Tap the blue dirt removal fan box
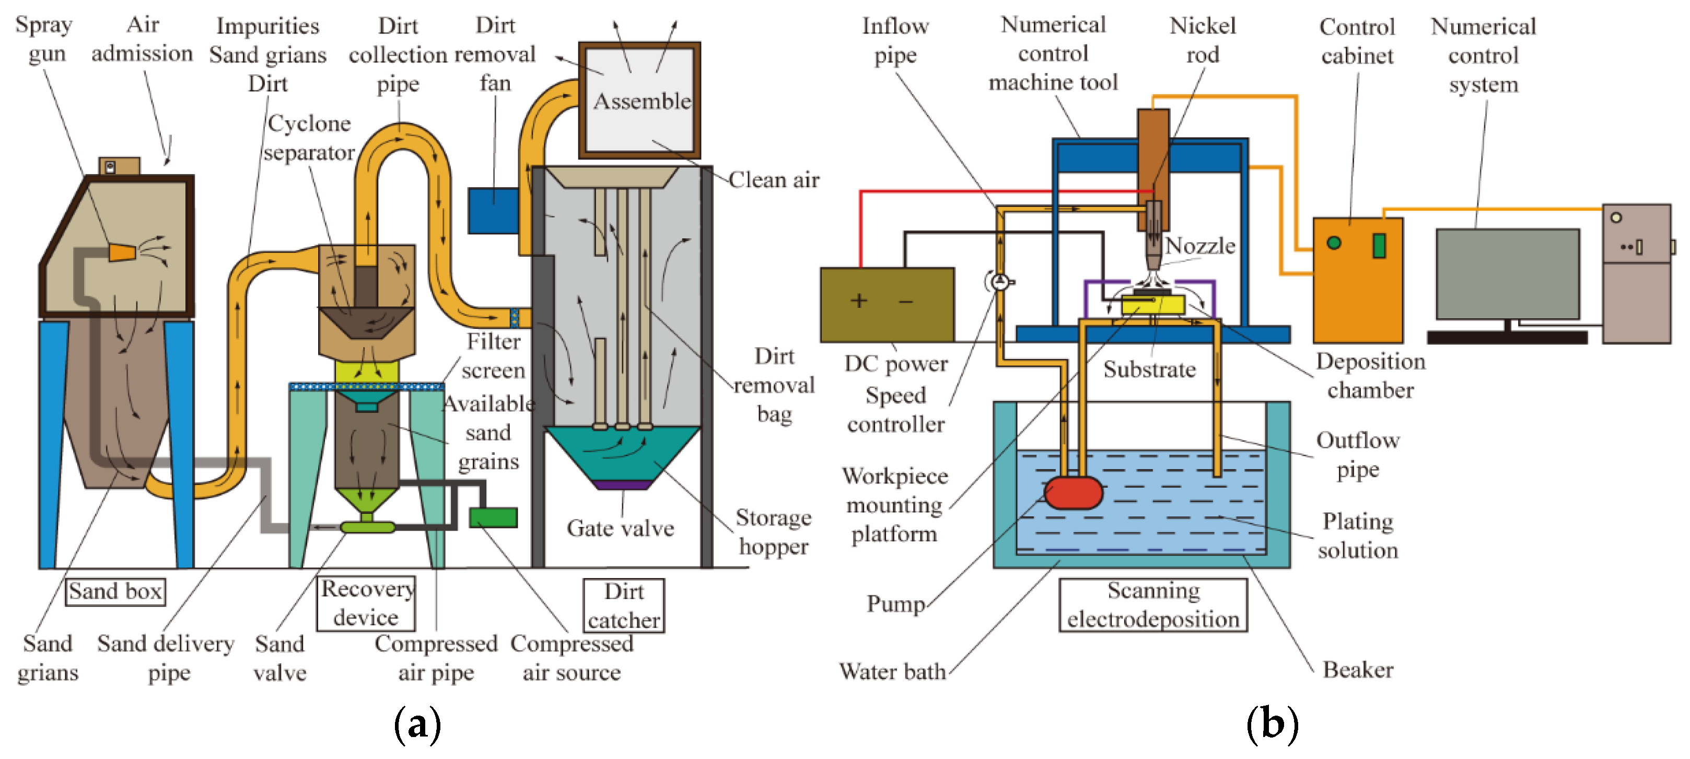coord(493,211)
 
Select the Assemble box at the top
coord(639,100)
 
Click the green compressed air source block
coord(493,517)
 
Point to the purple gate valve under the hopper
coord(621,485)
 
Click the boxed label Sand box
coord(115,592)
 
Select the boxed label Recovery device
coord(366,603)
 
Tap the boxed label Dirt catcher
coord(624,605)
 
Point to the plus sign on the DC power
coord(859,301)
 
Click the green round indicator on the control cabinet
coord(1334,243)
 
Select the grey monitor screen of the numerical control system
coord(1508,274)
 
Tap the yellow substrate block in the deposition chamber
coord(1152,305)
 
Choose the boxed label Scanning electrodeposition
coord(1152,605)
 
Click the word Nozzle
coord(1200,246)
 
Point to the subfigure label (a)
coord(417,724)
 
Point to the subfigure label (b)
coord(1272,724)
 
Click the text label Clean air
coord(774,179)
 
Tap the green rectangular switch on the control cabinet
coord(1379,246)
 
